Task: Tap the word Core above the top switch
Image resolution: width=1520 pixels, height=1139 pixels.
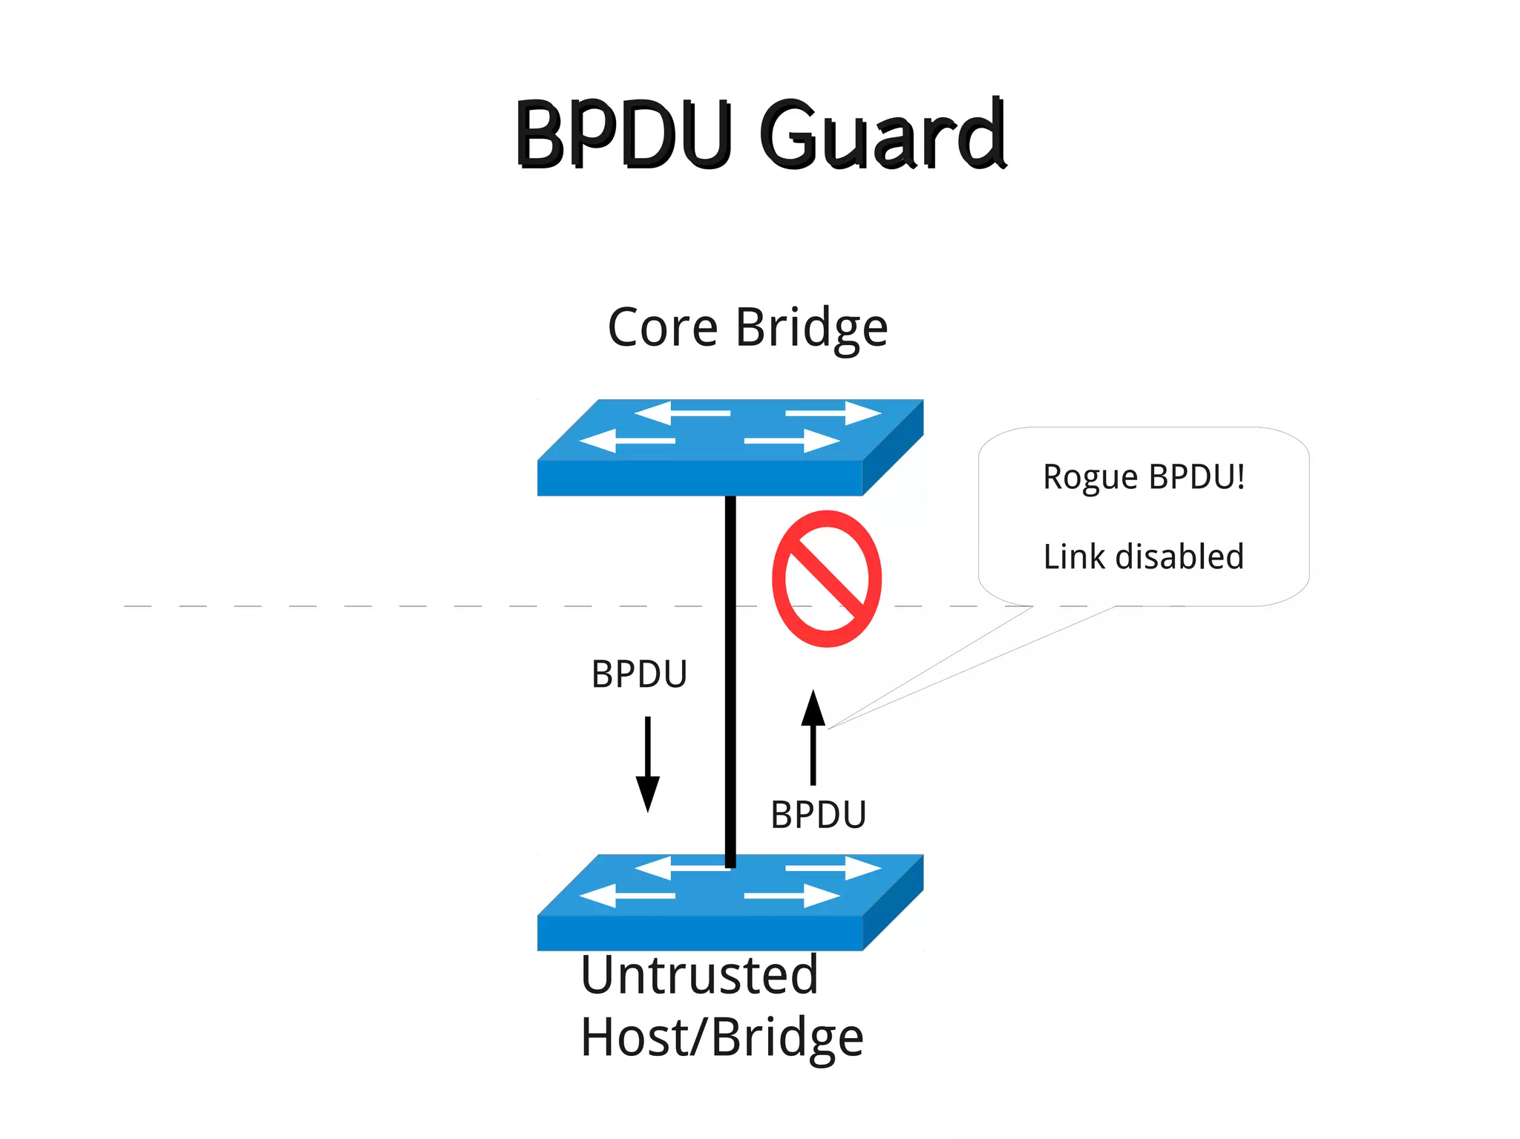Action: pos(662,327)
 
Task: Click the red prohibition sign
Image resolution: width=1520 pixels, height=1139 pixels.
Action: pos(826,579)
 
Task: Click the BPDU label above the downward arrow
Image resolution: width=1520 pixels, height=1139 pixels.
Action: pos(639,674)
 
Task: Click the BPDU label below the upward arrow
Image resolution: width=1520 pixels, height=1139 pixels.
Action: pos(818,815)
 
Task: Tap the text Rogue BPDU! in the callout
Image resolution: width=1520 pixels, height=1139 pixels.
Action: pos(1143,477)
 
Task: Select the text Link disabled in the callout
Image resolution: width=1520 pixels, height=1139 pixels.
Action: pos(1143,557)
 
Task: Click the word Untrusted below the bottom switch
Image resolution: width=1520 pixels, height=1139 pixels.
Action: pos(698,975)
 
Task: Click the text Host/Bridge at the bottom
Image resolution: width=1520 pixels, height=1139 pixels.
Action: pos(721,1037)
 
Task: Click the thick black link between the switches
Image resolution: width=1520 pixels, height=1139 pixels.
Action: pos(730,668)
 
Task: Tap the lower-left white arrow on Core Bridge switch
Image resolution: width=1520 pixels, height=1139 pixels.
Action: pos(627,441)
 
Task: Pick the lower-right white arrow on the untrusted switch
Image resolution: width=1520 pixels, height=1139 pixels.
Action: pos(791,896)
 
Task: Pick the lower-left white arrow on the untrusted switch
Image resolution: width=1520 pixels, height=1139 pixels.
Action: pos(627,896)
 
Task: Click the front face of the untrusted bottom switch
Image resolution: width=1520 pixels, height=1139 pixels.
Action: pos(699,933)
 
